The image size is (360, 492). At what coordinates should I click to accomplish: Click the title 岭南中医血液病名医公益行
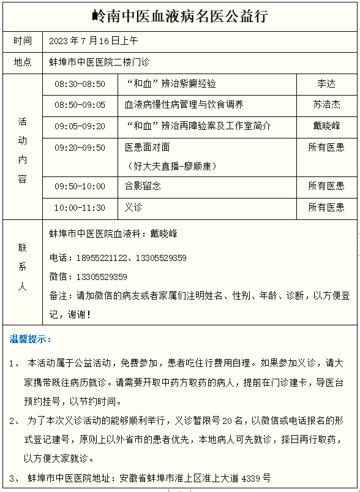pyautogui.click(x=179, y=16)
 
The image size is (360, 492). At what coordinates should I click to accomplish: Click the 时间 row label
pyautogui.click(x=23, y=41)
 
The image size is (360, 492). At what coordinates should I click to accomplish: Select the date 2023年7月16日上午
pyautogui.click(x=94, y=41)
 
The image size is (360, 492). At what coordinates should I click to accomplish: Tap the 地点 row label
pyautogui.click(x=23, y=62)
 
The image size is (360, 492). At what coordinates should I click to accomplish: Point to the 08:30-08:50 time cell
pyautogui.click(x=80, y=84)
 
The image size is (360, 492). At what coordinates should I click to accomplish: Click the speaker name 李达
pyautogui.click(x=326, y=84)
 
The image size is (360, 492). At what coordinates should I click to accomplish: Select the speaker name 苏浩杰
pyautogui.click(x=326, y=105)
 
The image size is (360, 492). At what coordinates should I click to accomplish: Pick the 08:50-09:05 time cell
pyautogui.click(x=80, y=105)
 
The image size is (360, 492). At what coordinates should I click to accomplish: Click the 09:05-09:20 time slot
pyautogui.click(x=80, y=126)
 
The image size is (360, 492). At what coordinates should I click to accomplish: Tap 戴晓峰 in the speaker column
pyautogui.click(x=326, y=126)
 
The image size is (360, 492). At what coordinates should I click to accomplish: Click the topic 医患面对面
pyautogui.click(x=147, y=148)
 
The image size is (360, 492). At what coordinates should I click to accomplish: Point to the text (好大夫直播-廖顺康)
pyautogui.click(x=171, y=166)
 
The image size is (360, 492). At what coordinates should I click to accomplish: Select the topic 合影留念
pyautogui.click(x=143, y=186)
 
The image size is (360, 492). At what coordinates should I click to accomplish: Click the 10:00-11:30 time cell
pyautogui.click(x=80, y=208)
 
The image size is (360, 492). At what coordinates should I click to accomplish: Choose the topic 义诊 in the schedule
pyautogui.click(x=133, y=208)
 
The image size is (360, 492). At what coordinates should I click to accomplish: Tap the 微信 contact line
pyautogui.click(x=88, y=277)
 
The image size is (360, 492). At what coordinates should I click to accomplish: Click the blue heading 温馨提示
pyautogui.click(x=31, y=339)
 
